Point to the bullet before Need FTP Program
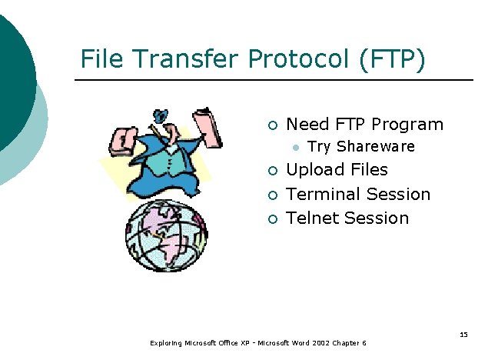[x=272, y=125]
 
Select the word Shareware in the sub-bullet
[x=376, y=146]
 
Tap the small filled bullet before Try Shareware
[x=294, y=146]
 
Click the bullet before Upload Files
[x=272, y=171]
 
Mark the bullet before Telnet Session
[x=272, y=219]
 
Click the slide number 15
[x=463, y=334]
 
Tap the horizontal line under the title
[x=273, y=80]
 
